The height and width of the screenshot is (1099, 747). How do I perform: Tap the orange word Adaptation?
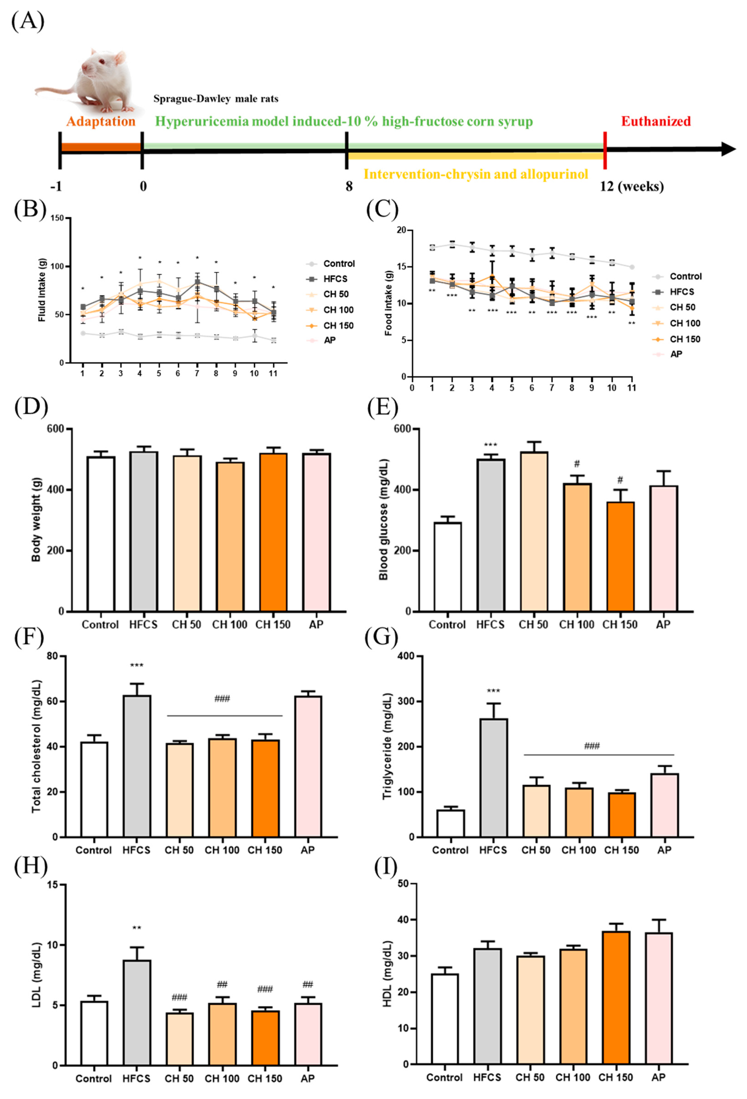[101, 121]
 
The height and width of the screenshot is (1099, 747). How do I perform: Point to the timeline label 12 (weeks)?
[631, 186]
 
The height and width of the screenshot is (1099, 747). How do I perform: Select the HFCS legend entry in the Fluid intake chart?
[335, 279]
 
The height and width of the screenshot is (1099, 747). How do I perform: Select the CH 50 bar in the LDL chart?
[179, 1039]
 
